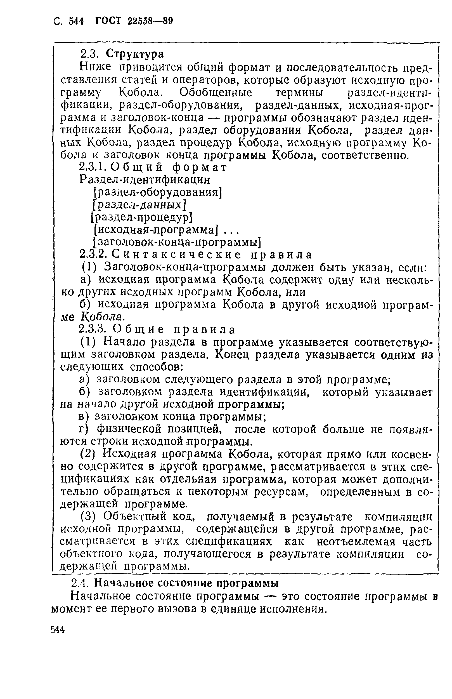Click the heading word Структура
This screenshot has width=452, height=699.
click(x=135, y=54)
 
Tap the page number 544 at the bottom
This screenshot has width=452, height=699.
click(x=58, y=630)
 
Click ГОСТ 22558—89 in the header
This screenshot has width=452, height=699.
click(x=134, y=21)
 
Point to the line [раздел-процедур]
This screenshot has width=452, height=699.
click(x=141, y=217)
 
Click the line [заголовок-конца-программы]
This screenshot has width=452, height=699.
click(x=177, y=243)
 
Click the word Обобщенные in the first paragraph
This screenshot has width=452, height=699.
click(x=216, y=93)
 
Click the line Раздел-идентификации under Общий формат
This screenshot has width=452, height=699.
click(x=145, y=180)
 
